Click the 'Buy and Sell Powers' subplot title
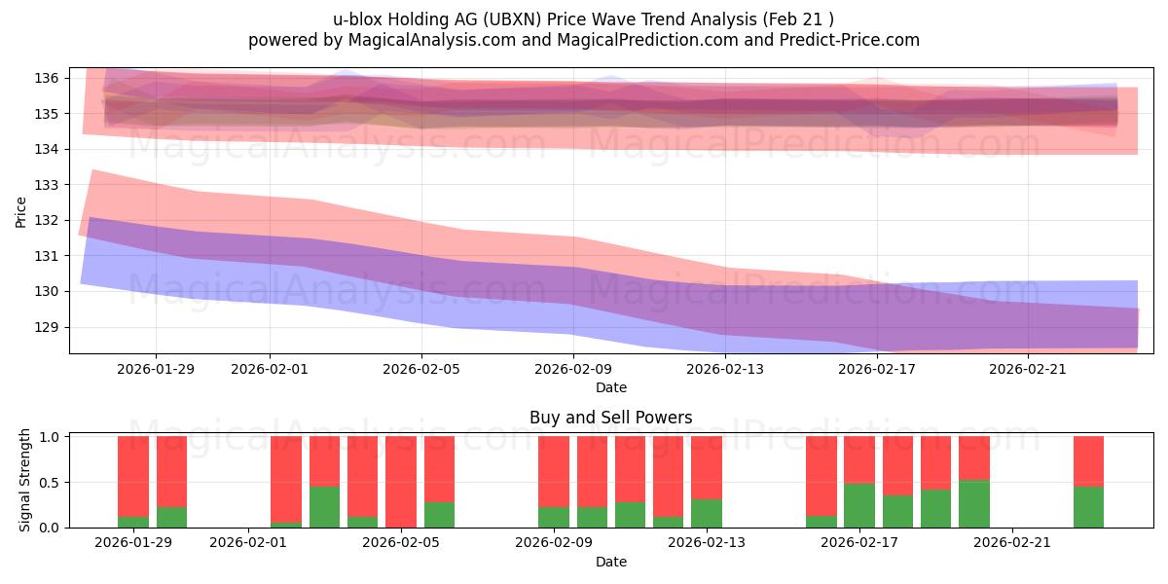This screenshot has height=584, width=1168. (610, 418)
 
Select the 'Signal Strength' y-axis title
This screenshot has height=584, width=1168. (25, 480)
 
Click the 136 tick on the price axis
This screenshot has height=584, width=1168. (51, 78)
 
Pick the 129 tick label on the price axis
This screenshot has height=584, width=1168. (51, 327)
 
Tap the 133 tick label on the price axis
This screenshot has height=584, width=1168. (51, 185)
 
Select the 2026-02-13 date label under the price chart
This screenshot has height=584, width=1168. (725, 369)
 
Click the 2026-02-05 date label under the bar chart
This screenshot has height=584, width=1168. (401, 542)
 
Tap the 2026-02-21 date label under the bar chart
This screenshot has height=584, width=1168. (1012, 542)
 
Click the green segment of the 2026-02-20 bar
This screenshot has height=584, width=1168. (974, 503)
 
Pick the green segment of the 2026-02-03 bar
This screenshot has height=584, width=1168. (324, 507)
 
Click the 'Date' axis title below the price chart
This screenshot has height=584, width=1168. (610, 387)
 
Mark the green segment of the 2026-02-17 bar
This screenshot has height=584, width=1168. (859, 505)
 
